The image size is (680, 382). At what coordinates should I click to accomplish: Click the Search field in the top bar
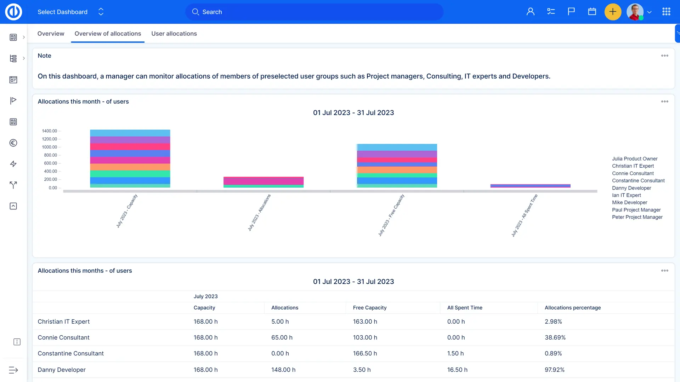[314, 12]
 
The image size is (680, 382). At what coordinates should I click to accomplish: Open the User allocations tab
[174, 34]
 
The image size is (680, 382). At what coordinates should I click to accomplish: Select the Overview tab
[51, 34]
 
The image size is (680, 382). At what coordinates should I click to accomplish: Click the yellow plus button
[613, 12]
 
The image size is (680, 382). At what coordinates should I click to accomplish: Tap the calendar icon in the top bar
[592, 12]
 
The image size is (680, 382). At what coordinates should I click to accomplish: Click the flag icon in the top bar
[571, 12]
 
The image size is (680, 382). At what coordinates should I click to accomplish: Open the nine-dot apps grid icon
[666, 12]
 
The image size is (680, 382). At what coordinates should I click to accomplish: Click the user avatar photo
[635, 12]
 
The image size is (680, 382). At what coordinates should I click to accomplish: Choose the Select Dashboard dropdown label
[62, 12]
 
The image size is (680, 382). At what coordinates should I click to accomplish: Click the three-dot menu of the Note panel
[665, 56]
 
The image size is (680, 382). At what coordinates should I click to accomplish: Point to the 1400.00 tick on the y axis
[49, 131]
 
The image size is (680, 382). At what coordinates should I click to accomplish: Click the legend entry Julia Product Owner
[635, 159]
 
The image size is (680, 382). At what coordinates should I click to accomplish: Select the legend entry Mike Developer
[629, 203]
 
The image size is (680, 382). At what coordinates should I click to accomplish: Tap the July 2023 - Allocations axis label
[259, 213]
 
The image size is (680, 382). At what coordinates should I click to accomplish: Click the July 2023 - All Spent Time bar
[530, 186]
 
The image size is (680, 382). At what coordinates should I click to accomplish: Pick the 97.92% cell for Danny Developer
[554, 370]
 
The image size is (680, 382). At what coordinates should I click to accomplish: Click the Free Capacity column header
[369, 308]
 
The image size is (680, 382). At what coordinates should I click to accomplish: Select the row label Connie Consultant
[63, 337]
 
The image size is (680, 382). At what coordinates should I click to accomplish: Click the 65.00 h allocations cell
[282, 337]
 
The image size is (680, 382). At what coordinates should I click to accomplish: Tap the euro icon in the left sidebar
[13, 143]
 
